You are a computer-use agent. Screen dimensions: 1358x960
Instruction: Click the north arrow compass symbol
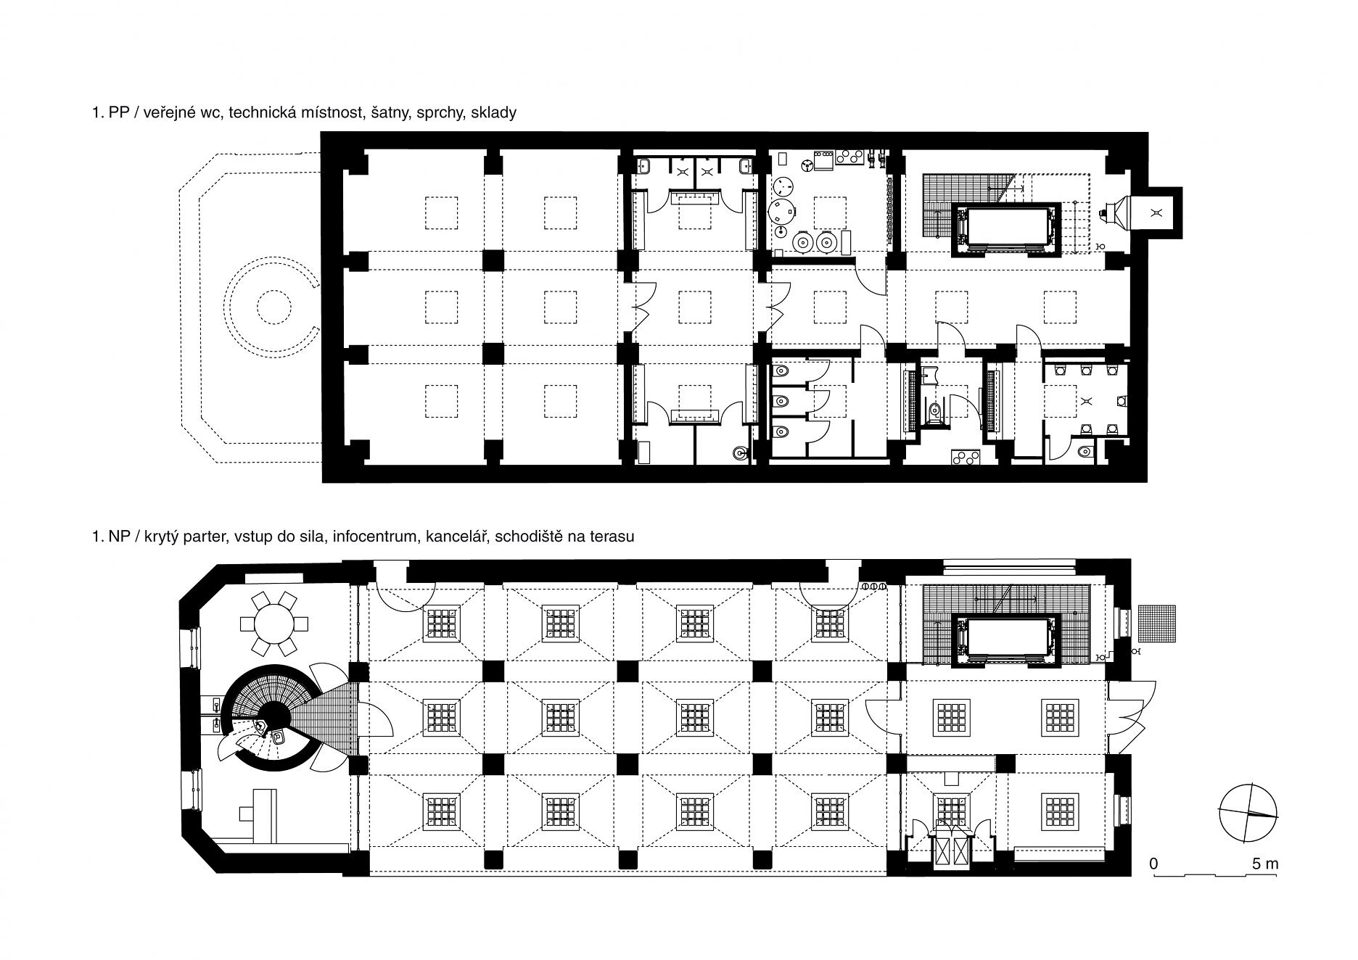[x=1248, y=812]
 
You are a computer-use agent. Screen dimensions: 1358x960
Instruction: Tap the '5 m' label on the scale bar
[x=1264, y=864]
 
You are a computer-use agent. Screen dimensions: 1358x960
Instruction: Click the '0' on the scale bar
[x=1153, y=864]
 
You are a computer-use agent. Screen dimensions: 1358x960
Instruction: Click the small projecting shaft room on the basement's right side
[x=1156, y=212]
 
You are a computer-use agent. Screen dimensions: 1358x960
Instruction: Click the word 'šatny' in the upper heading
[x=392, y=114]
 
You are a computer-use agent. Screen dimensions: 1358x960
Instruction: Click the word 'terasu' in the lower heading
[x=613, y=537]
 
